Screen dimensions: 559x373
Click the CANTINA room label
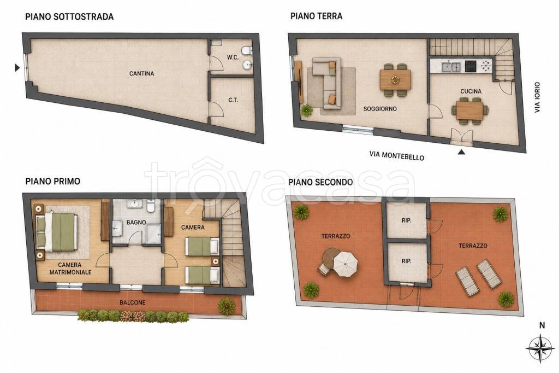[x=141, y=74]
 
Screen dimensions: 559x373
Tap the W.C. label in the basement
[x=233, y=57]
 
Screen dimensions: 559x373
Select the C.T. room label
[x=233, y=100]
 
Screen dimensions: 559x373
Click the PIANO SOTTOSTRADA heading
[x=69, y=17]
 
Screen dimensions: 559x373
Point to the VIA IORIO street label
[x=537, y=97]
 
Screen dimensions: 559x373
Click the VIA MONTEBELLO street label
[x=397, y=155]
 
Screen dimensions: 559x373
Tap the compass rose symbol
[x=540, y=348]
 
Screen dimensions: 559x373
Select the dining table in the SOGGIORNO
[x=395, y=80]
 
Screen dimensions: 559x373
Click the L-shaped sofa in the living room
[x=327, y=83]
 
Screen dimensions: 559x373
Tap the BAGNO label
[x=136, y=222]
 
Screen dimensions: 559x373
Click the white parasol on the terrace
[x=346, y=264]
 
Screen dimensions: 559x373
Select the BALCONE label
[x=133, y=302]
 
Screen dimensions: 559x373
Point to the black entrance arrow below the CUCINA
[x=462, y=152]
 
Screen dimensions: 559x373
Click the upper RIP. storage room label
[x=406, y=221]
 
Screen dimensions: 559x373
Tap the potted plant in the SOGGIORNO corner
[x=307, y=110]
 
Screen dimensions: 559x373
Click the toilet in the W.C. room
[x=247, y=50]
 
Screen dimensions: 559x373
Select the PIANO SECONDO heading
[x=320, y=182]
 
